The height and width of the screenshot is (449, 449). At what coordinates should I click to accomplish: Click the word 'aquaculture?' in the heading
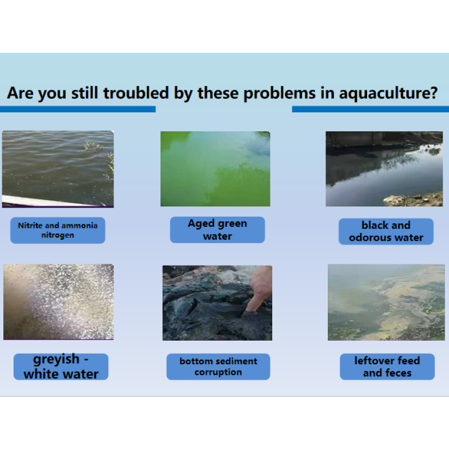pos(388,93)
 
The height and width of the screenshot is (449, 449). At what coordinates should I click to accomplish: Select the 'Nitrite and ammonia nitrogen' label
pos(57,230)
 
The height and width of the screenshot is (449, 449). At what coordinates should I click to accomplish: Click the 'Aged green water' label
pos(217,230)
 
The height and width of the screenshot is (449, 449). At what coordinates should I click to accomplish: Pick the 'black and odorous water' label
pos(386,231)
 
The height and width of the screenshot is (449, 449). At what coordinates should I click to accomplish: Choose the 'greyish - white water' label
pos(61,366)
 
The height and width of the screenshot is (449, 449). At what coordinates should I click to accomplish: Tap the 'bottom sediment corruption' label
pos(218,366)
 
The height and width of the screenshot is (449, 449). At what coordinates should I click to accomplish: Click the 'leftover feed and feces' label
pos(387,366)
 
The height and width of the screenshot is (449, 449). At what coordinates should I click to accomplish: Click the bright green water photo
pos(215,169)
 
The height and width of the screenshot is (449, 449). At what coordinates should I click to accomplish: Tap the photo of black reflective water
pos(384,169)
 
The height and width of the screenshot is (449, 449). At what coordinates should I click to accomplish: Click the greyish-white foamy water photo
pos(58,302)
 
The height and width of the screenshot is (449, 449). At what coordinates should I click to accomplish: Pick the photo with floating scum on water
pos(386,302)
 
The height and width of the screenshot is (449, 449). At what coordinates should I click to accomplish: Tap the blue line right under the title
pos(370,109)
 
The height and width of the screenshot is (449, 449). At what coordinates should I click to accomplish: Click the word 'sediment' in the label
pos(232,361)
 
